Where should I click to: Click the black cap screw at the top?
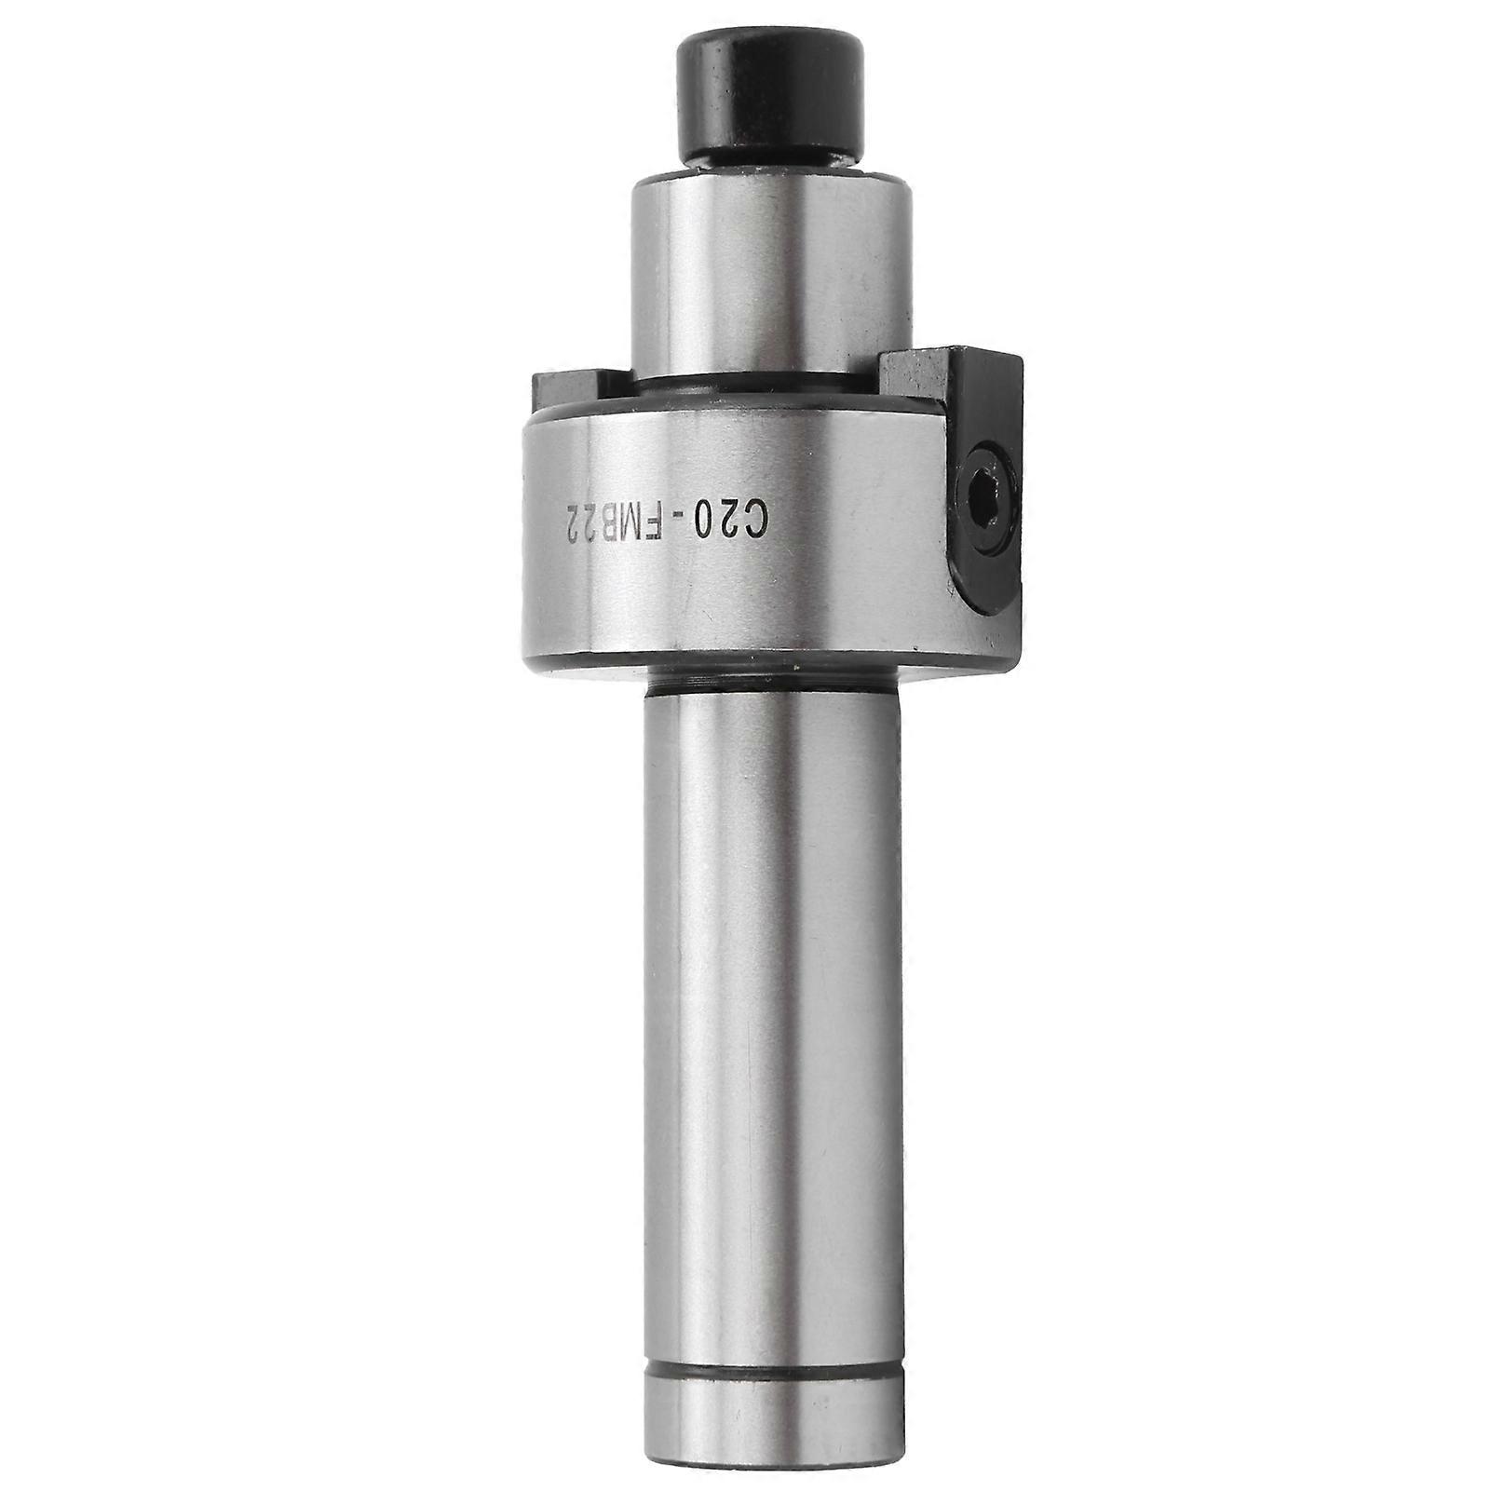point(768,100)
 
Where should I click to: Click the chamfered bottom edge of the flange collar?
point(745,663)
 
